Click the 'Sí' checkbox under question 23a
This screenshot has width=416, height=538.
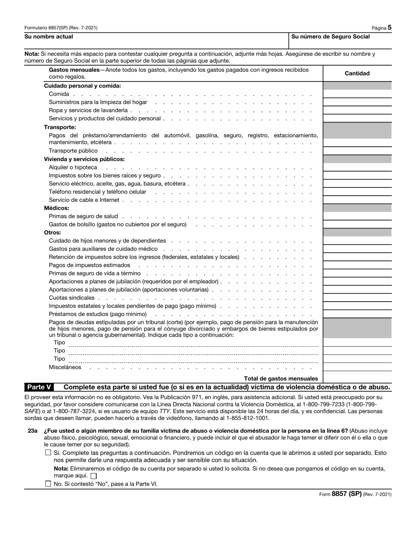point(48,453)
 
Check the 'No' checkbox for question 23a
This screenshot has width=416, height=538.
point(48,484)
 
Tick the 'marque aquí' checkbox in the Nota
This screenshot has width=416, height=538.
point(93,476)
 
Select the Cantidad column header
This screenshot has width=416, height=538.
point(357,74)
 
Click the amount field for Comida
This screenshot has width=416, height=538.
point(357,94)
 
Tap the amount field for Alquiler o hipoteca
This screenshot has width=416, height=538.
point(357,168)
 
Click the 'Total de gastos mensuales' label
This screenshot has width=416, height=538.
point(281,378)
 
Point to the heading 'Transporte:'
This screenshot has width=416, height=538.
point(60,127)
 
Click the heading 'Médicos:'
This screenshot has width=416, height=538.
point(56,208)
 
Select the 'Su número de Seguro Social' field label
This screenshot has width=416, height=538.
point(330,37)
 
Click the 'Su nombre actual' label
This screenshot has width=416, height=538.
point(49,37)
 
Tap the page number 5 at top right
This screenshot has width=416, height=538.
point(389,27)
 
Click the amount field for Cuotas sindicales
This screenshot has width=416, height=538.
point(357,298)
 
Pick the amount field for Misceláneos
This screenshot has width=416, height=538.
point(357,367)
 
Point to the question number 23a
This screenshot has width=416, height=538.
point(32,431)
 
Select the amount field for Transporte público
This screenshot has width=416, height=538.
point(357,151)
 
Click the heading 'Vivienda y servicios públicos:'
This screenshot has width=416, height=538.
point(84,159)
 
